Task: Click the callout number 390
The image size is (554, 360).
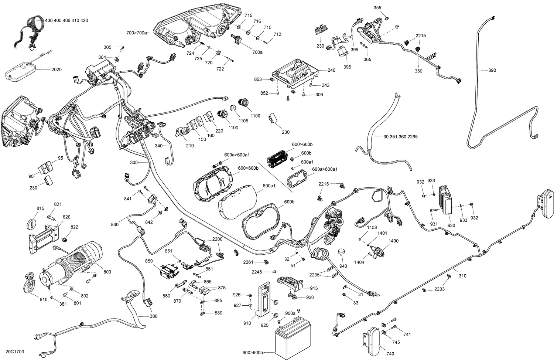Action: point(492,71)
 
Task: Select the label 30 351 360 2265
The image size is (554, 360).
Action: point(400,137)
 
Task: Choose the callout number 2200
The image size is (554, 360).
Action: point(217,239)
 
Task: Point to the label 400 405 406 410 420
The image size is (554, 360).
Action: point(66,21)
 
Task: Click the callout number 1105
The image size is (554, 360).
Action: point(243,121)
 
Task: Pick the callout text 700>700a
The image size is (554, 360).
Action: point(137,33)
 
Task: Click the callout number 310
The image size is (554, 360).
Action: point(462,275)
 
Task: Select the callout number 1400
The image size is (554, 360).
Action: point(393,241)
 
